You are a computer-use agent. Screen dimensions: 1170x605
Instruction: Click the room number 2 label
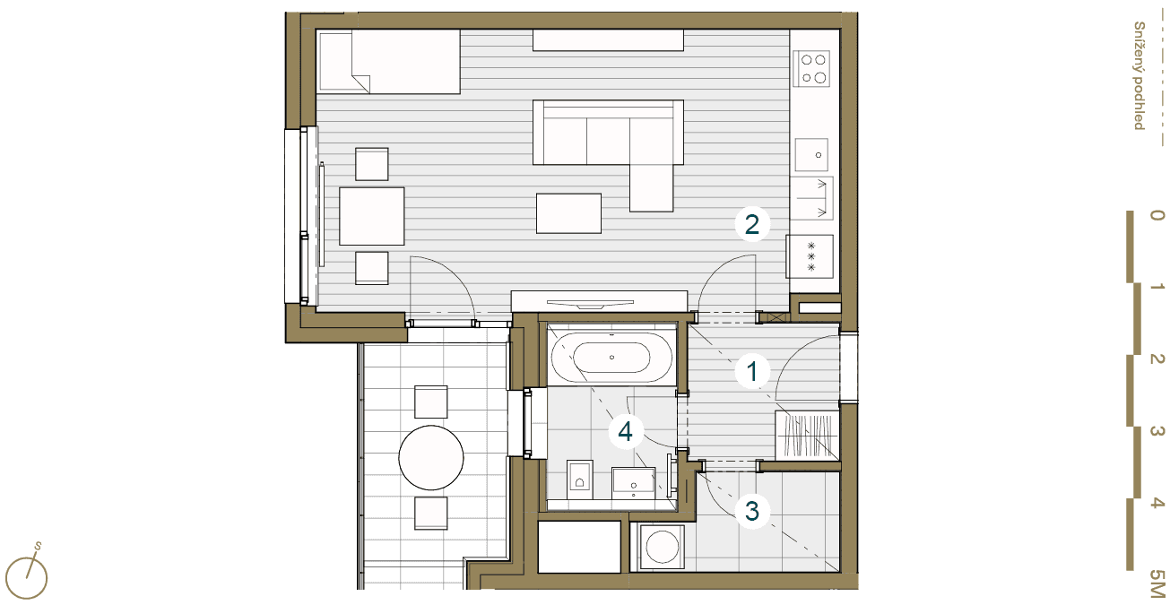[751, 224]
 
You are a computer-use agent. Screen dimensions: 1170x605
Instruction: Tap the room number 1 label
[752, 372]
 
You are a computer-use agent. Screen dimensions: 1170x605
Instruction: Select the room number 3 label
[752, 511]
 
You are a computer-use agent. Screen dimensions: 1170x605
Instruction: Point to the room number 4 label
[625, 432]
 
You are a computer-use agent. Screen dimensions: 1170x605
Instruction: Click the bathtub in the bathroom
[611, 358]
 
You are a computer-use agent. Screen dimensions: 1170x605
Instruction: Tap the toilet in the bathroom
[579, 480]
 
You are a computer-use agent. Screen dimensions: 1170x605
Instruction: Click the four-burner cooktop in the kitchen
[811, 68]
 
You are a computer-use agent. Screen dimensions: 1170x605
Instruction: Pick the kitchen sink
[811, 154]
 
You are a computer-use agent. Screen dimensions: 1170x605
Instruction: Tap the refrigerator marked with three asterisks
[810, 256]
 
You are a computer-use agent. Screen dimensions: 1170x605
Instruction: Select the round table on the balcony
[431, 457]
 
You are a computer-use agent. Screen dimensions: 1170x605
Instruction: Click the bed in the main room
[390, 62]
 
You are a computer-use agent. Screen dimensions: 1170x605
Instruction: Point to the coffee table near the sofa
[568, 213]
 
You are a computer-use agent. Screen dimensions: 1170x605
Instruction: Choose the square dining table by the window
[372, 216]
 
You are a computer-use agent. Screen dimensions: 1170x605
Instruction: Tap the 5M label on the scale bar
[1157, 583]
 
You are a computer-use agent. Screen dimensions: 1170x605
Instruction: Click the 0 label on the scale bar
[1157, 215]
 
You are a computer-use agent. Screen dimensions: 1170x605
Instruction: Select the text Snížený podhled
[1140, 75]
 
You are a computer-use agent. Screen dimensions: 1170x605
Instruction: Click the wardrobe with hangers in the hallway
[807, 436]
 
